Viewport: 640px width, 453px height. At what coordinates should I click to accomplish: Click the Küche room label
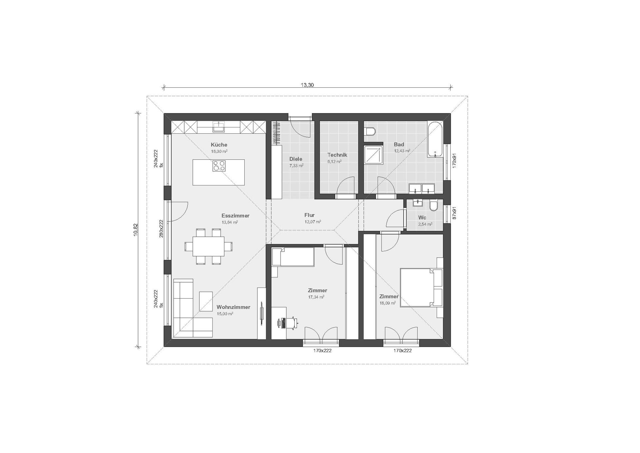(219, 145)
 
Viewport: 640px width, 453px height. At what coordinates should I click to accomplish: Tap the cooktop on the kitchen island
(219, 166)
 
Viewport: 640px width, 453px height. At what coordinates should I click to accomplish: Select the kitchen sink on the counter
(219, 126)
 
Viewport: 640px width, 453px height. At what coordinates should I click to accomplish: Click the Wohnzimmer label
(233, 307)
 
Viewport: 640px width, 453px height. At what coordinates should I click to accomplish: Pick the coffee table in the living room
(206, 302)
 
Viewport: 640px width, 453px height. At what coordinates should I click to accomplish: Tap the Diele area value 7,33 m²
(296, 165)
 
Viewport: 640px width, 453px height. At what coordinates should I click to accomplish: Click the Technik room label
(337, 155)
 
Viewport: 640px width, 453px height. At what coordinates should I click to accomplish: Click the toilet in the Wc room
(434, 205)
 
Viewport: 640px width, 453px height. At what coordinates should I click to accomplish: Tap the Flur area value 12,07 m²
(313, 222)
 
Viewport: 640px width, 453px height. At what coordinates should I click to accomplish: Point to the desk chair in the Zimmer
(292, 323)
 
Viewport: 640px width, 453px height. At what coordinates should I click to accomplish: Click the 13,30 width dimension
(307, 85)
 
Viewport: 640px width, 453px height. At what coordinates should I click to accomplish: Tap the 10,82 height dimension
(136, 230)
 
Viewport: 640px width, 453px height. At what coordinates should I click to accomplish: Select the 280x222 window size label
(161, 229)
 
